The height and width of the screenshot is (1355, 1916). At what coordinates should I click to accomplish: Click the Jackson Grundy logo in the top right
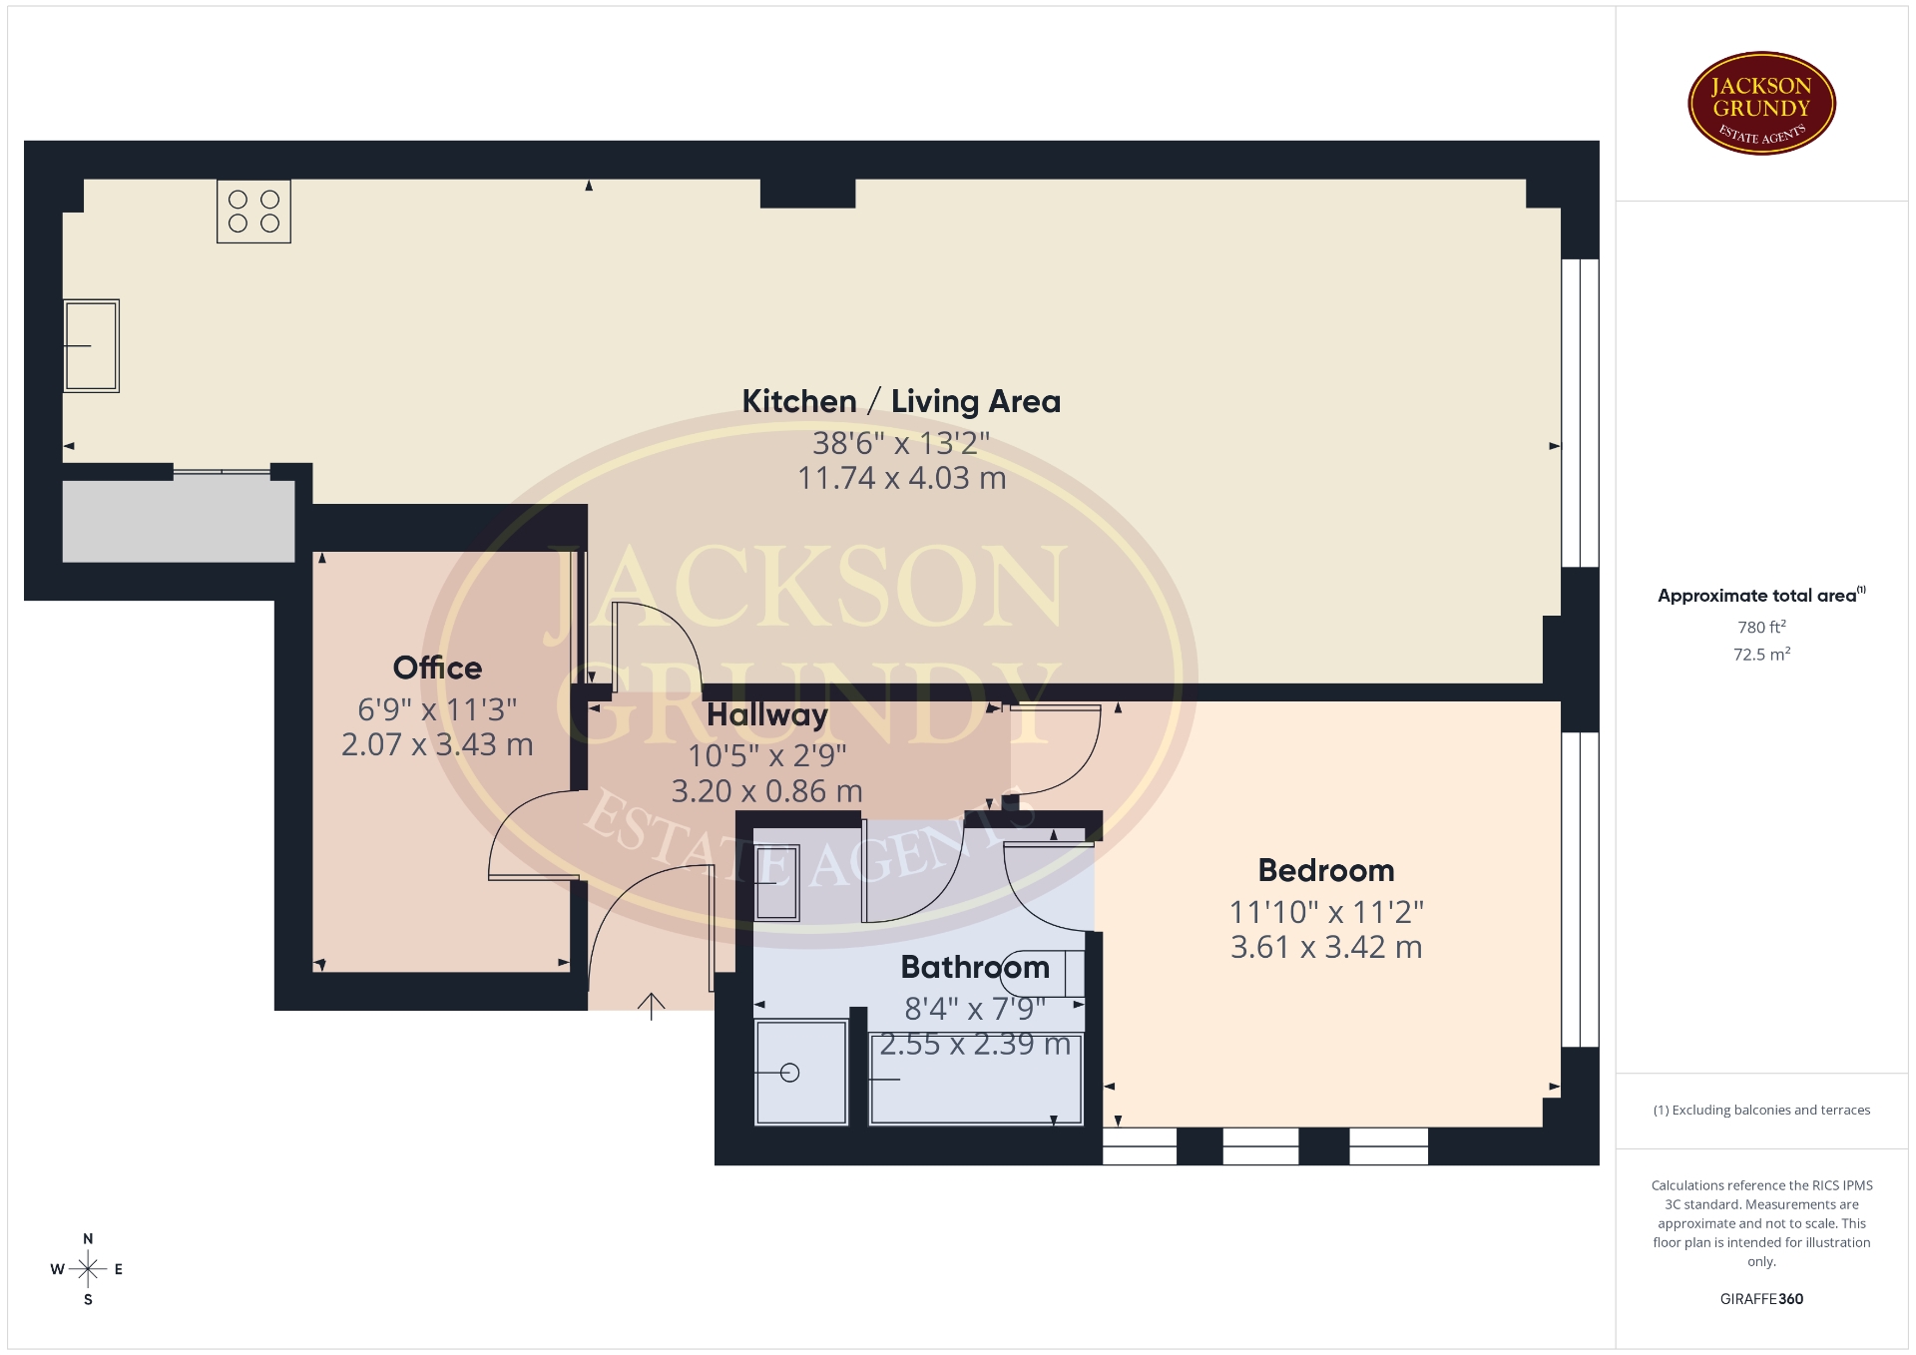pos(1761,104)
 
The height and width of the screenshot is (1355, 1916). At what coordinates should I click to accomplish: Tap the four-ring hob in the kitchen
pos(253,212)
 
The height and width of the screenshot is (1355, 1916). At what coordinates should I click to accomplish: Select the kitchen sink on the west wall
pos(91,345)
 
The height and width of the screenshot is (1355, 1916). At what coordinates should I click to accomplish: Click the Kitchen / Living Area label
pos(901,401)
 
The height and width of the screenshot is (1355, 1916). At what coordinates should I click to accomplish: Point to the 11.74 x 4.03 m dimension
pos(901,478)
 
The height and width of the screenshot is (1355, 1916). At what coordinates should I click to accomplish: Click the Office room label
pos(437,668)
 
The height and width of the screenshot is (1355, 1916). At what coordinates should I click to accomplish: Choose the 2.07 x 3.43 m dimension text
pos(437,744)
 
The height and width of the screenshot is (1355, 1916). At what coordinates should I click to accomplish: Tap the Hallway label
pos(767,715)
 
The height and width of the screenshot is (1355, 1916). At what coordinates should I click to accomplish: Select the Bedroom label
pos(1326,870)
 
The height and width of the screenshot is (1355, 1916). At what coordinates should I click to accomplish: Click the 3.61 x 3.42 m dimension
pos(1326,947)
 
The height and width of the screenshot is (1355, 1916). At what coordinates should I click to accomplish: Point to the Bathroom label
pos(975,967)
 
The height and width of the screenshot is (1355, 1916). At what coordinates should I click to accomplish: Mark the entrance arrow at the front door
pos(651,1006)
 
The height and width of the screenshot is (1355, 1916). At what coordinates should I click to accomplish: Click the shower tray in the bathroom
pos(801,1072)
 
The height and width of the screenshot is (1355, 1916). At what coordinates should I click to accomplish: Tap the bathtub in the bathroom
pos(976,1079)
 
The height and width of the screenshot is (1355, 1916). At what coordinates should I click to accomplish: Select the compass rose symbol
pos(88,1269)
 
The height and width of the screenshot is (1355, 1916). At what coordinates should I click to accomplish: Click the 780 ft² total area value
pos(1761,627)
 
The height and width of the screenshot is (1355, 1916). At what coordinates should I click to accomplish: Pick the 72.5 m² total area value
pos(1761,655)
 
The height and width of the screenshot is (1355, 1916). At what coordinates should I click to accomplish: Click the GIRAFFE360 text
pos(1761,1299)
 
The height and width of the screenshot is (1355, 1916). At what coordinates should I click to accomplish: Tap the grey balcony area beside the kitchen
pos(179,521)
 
